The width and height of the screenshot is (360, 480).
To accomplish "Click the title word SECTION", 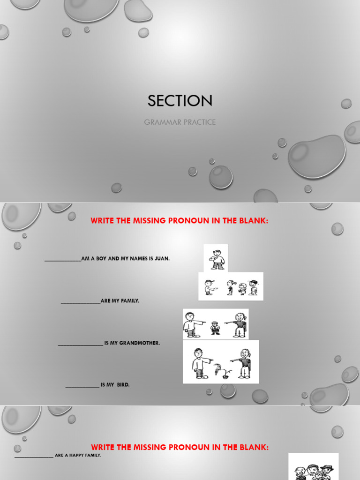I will click(180, 100).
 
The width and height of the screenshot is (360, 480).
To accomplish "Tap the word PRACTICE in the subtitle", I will click(200, 122).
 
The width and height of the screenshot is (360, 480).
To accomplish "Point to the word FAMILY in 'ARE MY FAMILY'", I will click(130, 301).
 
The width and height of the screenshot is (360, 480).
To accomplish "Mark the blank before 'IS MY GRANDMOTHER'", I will click(80, 345).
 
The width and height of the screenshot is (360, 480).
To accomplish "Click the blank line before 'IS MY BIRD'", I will click(82, 386).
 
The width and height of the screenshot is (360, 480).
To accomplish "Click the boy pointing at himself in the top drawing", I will click(216, 259).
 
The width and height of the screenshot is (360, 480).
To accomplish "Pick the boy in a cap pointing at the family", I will click(209, 287).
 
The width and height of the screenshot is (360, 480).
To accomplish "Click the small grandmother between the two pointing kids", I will click(215, 327).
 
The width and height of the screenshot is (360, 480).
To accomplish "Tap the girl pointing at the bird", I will click(244, 363).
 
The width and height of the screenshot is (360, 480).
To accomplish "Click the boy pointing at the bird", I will click(199, 363).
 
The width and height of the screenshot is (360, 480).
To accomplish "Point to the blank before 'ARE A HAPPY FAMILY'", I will click(34, 456).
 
